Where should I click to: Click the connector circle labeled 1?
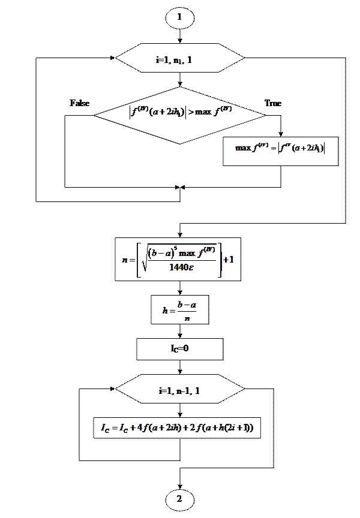pos(179,18)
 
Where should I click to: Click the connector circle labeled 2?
pos(179,499)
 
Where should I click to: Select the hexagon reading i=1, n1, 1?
pos(179,59)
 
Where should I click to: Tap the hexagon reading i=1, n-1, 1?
pos(179,391)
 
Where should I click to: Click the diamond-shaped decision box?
pos(179,113)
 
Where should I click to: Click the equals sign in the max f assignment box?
pos(274,148)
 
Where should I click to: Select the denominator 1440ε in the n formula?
pos(180,268)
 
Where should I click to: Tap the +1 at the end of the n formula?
pos(229,260)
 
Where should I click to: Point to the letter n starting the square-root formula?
pos(124,260)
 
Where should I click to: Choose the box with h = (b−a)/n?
pos(179,310)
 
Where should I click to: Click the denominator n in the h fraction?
pos(187,318)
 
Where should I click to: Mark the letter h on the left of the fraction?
pos(165,311)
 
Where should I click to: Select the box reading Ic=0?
pos(179,348)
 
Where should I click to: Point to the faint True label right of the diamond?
pos(273,103)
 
